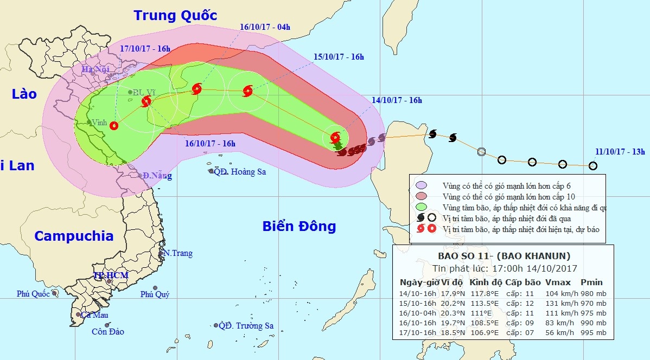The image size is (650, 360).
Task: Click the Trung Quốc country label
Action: [x=175, y=15]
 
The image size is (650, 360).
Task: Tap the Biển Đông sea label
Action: [x=299, y=226]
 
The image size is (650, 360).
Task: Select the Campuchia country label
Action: [x=74, y=236]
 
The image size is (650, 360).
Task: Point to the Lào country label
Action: [x=24, y=94]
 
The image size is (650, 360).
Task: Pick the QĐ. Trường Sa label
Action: [x=246, y=326]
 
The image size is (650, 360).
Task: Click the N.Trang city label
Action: [x=177, y=253]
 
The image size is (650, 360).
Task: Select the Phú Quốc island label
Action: [x=33, y=294]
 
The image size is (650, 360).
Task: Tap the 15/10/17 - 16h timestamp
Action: [x=339, y=57]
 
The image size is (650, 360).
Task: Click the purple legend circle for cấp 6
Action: [x=420, y=185]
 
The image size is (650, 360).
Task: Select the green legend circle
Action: [x=420, y=207]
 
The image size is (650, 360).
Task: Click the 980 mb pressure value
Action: [x=593, y=293]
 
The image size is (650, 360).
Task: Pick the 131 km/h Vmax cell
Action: [x=558, y=303]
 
